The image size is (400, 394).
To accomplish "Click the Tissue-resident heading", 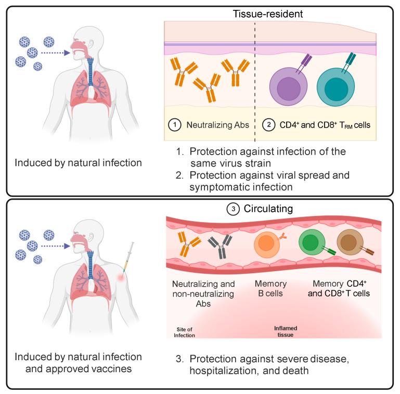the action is (x=267, y=14).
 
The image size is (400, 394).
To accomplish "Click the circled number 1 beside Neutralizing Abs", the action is (x=175, y=125).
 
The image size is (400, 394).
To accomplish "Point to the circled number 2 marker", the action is (x=268, y=125).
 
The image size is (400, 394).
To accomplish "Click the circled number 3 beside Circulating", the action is (x=233, y=209).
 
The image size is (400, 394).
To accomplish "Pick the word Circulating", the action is (x=268, y=209).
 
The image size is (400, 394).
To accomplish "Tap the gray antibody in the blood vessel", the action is (x=220, y=246).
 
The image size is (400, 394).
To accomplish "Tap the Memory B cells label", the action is (x=270, y=288).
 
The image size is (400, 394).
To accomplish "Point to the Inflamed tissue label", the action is (x=286, y=332).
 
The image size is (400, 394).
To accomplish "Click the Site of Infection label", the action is (x=184, y=332).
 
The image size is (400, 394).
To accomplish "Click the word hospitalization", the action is (x=222, y=371).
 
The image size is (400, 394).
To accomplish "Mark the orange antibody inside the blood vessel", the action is (x=189, y=244).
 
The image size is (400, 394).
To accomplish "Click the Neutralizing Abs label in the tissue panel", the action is (x=217, y=125).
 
